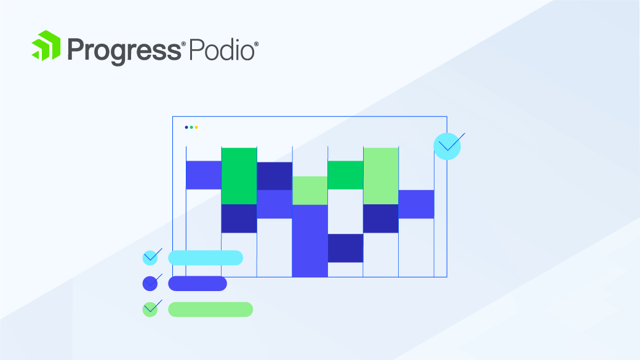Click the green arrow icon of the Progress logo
pyautogui.click(x=46, y=46)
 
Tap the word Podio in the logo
pyautogui.click(x=222, y=50)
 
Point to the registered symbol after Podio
pyautogui.click(x=257, y=44)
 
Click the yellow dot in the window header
pyautogui.click(x=196, y=127)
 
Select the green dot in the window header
pyautogui.click(x=191, y=127)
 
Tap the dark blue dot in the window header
pyautogui.click(x=186, y=127)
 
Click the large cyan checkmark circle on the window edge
pyautogui.click(x=447, y=146)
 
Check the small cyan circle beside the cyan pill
pyautogui.click(x=150, y=258)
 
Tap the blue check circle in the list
pyautogui.click(x=150, y=284)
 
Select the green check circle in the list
pyautogui.click(x=150, y=310)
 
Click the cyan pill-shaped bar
pyautogui.click(x=206, y=258)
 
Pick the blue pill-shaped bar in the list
pyautogui.click(x=198, y=284)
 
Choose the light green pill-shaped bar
pyautogui.click(x=210, y=310)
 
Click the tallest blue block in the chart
pyautogui.click(x=310, y=241)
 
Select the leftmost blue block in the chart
pyautogui.click(x=204, y=175)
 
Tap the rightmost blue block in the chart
pyautogui.click(x=417, y=204)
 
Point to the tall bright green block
pyautogui.click(x=239, y=176)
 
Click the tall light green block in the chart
pyautogui.click(x=381, y=176)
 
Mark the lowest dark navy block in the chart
pyautogui.click(x=345, y=248)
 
